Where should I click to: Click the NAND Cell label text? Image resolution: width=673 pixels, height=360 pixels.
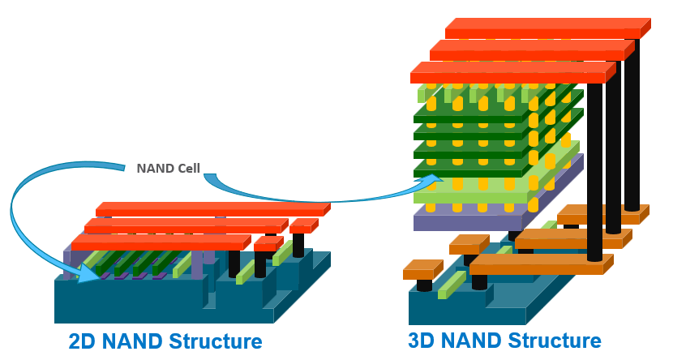[168, 169]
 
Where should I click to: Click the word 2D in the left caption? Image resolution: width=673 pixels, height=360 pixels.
[84, 341]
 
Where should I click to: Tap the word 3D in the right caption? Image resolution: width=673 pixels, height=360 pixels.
[423, 341]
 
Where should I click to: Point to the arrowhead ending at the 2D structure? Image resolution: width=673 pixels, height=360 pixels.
[88, 272]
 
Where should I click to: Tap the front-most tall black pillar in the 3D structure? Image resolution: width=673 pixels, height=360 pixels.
[594, 170]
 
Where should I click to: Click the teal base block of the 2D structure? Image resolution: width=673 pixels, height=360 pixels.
[130, 300]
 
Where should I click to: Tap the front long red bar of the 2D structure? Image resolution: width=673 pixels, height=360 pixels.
[158, 242]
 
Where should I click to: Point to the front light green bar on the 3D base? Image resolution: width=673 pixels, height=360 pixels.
[451, 284]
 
